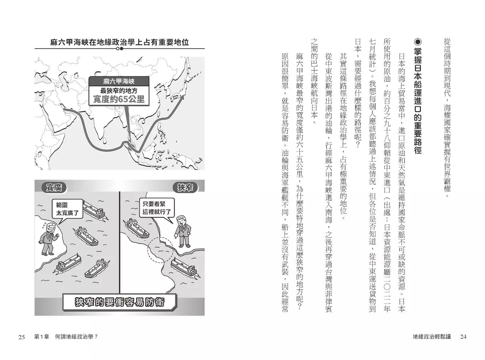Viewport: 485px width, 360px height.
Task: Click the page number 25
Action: [22, 337]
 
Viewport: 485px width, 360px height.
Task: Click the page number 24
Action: [463, 337]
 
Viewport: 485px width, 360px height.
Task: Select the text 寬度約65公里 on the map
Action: [119, 98]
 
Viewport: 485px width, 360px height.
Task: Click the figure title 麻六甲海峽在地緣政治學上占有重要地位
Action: [120, 42]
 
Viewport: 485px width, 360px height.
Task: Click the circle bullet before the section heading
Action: [419, 42]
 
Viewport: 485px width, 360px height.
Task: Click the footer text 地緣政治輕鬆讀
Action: [432, 337]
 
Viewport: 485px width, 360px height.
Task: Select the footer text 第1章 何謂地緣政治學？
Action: [66, 337]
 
